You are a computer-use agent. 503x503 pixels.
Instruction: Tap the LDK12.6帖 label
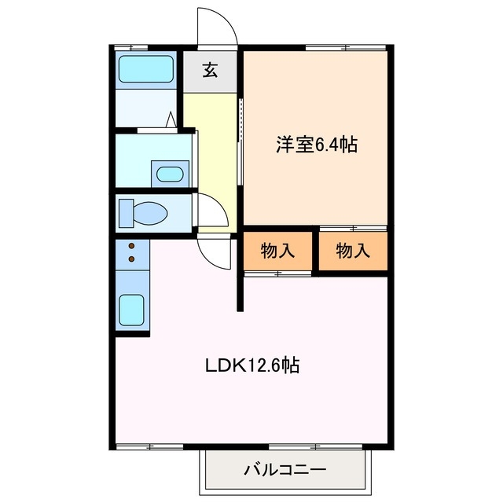(x=251, y=365)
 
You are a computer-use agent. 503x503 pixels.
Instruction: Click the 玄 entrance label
(x=211, y=72)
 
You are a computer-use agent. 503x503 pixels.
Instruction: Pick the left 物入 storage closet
(x=277, y=251)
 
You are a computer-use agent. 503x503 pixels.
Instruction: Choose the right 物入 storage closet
(x=353, y=251)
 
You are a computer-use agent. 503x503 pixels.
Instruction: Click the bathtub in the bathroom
(x=145, y=71)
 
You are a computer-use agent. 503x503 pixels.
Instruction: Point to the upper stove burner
(x=131, y=245)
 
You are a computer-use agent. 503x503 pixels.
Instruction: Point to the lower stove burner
(x=131, y=258)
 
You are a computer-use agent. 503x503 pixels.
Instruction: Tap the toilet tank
(x=125, y=211)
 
